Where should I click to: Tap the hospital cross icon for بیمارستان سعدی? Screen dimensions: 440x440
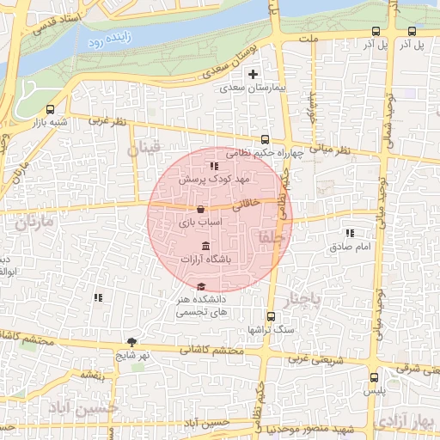click(253, 74)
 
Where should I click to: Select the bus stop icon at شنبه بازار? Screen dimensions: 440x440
click(50, 110)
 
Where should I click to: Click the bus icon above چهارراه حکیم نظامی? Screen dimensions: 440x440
click(264, 139)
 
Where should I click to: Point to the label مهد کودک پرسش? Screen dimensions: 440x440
click(213, 180)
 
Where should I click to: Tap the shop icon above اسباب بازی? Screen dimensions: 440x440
click(200, 209)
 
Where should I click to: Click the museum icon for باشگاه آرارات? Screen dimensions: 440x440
click(204, 247)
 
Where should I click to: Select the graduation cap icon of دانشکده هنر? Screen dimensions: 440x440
click(201, 286)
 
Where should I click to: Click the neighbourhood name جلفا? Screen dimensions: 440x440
click(269, 238)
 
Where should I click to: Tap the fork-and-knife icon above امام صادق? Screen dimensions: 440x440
click(349, 233)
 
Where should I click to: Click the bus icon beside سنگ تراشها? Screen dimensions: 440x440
click(271, 315)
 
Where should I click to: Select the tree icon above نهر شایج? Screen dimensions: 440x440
click(131, 342)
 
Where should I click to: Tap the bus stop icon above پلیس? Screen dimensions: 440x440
click(373, 376)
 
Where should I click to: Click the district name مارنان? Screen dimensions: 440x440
click(34, 222)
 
